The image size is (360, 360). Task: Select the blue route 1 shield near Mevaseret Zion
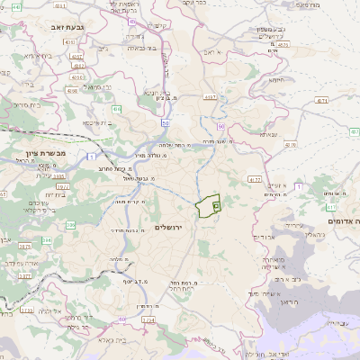[x=93, y=157]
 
